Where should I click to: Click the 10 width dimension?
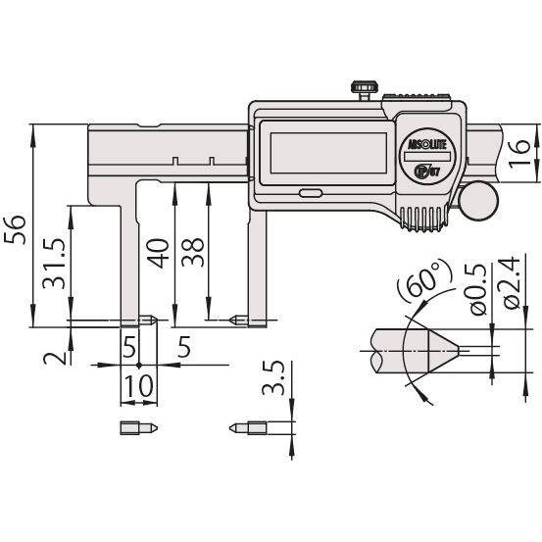(x=137, y=384)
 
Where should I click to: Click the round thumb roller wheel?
(x=480, y=201)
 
